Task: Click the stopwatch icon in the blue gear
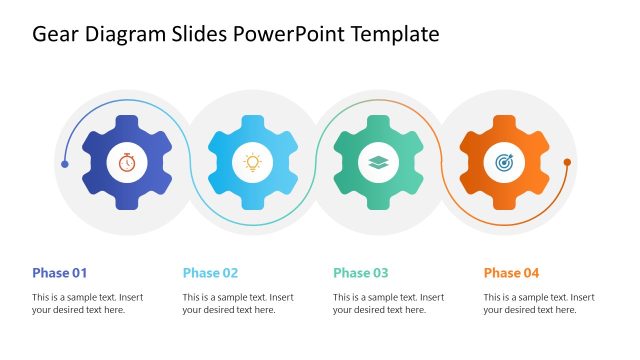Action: (x=127, y=162)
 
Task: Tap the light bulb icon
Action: (x=253, y=162)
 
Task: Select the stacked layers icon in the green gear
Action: (x=378, y=162)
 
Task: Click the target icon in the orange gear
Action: (x=504, y=162)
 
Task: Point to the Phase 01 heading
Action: (x=60, y=273)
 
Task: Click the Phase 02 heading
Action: (x=210, y=273)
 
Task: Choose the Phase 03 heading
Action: (x=361, y=273)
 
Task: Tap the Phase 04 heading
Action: (x=511, y=273)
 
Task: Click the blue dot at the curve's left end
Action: (x=65, y=163)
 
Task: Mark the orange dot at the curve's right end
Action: (x=567, y=162)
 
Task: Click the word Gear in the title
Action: (x=57, y=35)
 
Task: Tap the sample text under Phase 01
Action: (x=88, y=303)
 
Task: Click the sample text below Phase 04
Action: (x=539, y=303)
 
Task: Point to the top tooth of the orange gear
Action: (x=504, y=122)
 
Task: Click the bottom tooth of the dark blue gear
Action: (x=127, y=202)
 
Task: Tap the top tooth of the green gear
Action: (x=378, y=122)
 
